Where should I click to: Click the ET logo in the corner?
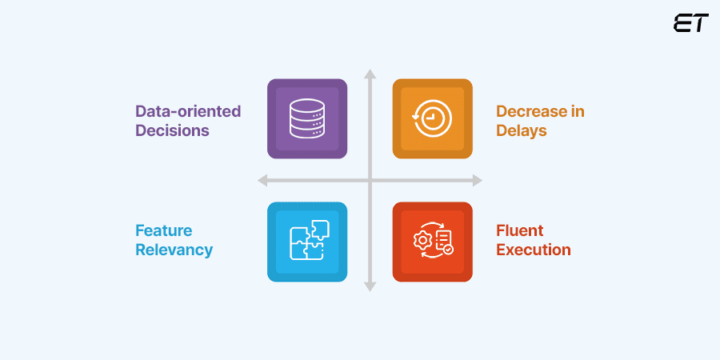click(690, 23)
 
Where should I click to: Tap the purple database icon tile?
click(307, 118)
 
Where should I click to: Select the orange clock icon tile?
click(432, 118)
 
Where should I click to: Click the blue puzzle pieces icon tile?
click(307, 241)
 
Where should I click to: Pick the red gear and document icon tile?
click(432, 241)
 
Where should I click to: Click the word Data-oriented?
click(188, 111)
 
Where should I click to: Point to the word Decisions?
click(172, 130)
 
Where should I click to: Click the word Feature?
click(164, 230)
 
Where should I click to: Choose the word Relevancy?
click(174, 250)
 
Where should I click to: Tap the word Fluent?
click(520, 230)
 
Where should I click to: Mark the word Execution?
click(534, 250)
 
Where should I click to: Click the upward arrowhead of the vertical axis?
click(370, 74)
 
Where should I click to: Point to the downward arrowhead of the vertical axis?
click(370, 286)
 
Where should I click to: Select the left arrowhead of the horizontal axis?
click(262, 181)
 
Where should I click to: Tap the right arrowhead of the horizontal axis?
click(478, 181)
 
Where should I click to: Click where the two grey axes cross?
click(370, 181)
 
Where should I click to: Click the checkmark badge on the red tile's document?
click(448, 250)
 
